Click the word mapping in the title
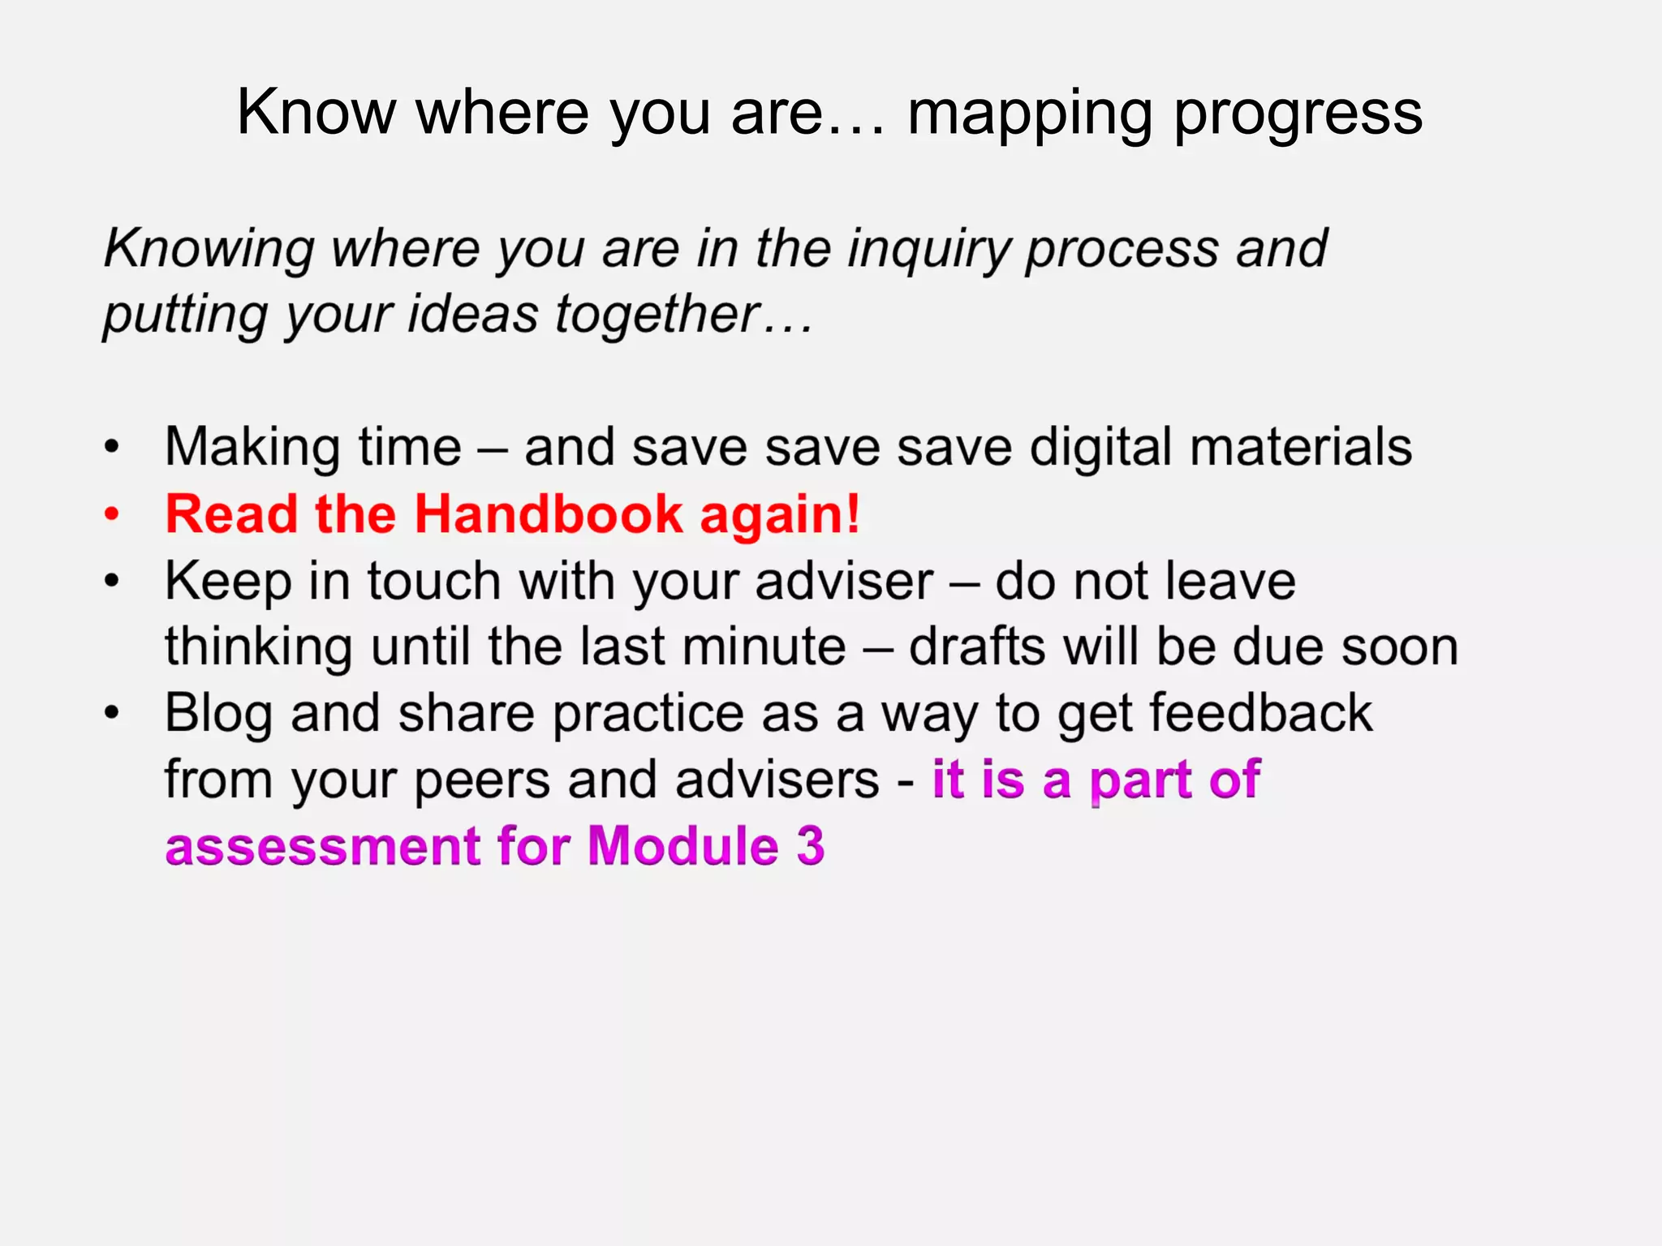[1029, 115]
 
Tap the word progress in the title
[1298, 115]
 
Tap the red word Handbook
[549, 514]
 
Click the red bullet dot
[112, 514]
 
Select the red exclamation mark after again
[852, 513]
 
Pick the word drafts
[976, 647]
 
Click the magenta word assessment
[323, 847]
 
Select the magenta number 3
[810, 847]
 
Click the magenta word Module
[682, 847]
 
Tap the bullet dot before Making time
[112, 447]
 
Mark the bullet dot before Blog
[112, 714]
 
